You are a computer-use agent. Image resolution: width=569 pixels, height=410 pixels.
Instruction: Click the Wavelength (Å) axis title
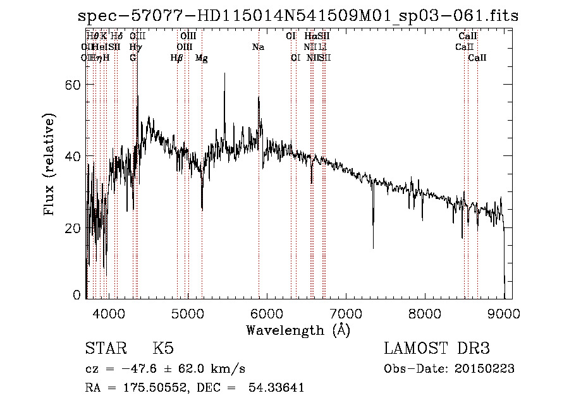pyautogui.click(x=298, y=330)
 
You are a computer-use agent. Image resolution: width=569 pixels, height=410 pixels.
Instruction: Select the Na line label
pyautogui.click(x=258, y=47)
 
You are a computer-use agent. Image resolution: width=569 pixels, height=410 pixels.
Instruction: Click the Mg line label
pyautogui.click(x=202, y=58)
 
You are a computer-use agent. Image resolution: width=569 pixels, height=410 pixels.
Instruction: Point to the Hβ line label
pyautogui.click(x=176, y=58)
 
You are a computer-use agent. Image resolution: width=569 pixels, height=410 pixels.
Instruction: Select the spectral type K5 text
pyautogui.click(x=163, y=349)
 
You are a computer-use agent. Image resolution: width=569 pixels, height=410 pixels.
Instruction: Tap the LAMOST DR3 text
pyautogui.click(x=437, y=349)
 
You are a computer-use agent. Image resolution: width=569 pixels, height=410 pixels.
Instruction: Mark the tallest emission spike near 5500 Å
pyautogui.click(x=224, y=74)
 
